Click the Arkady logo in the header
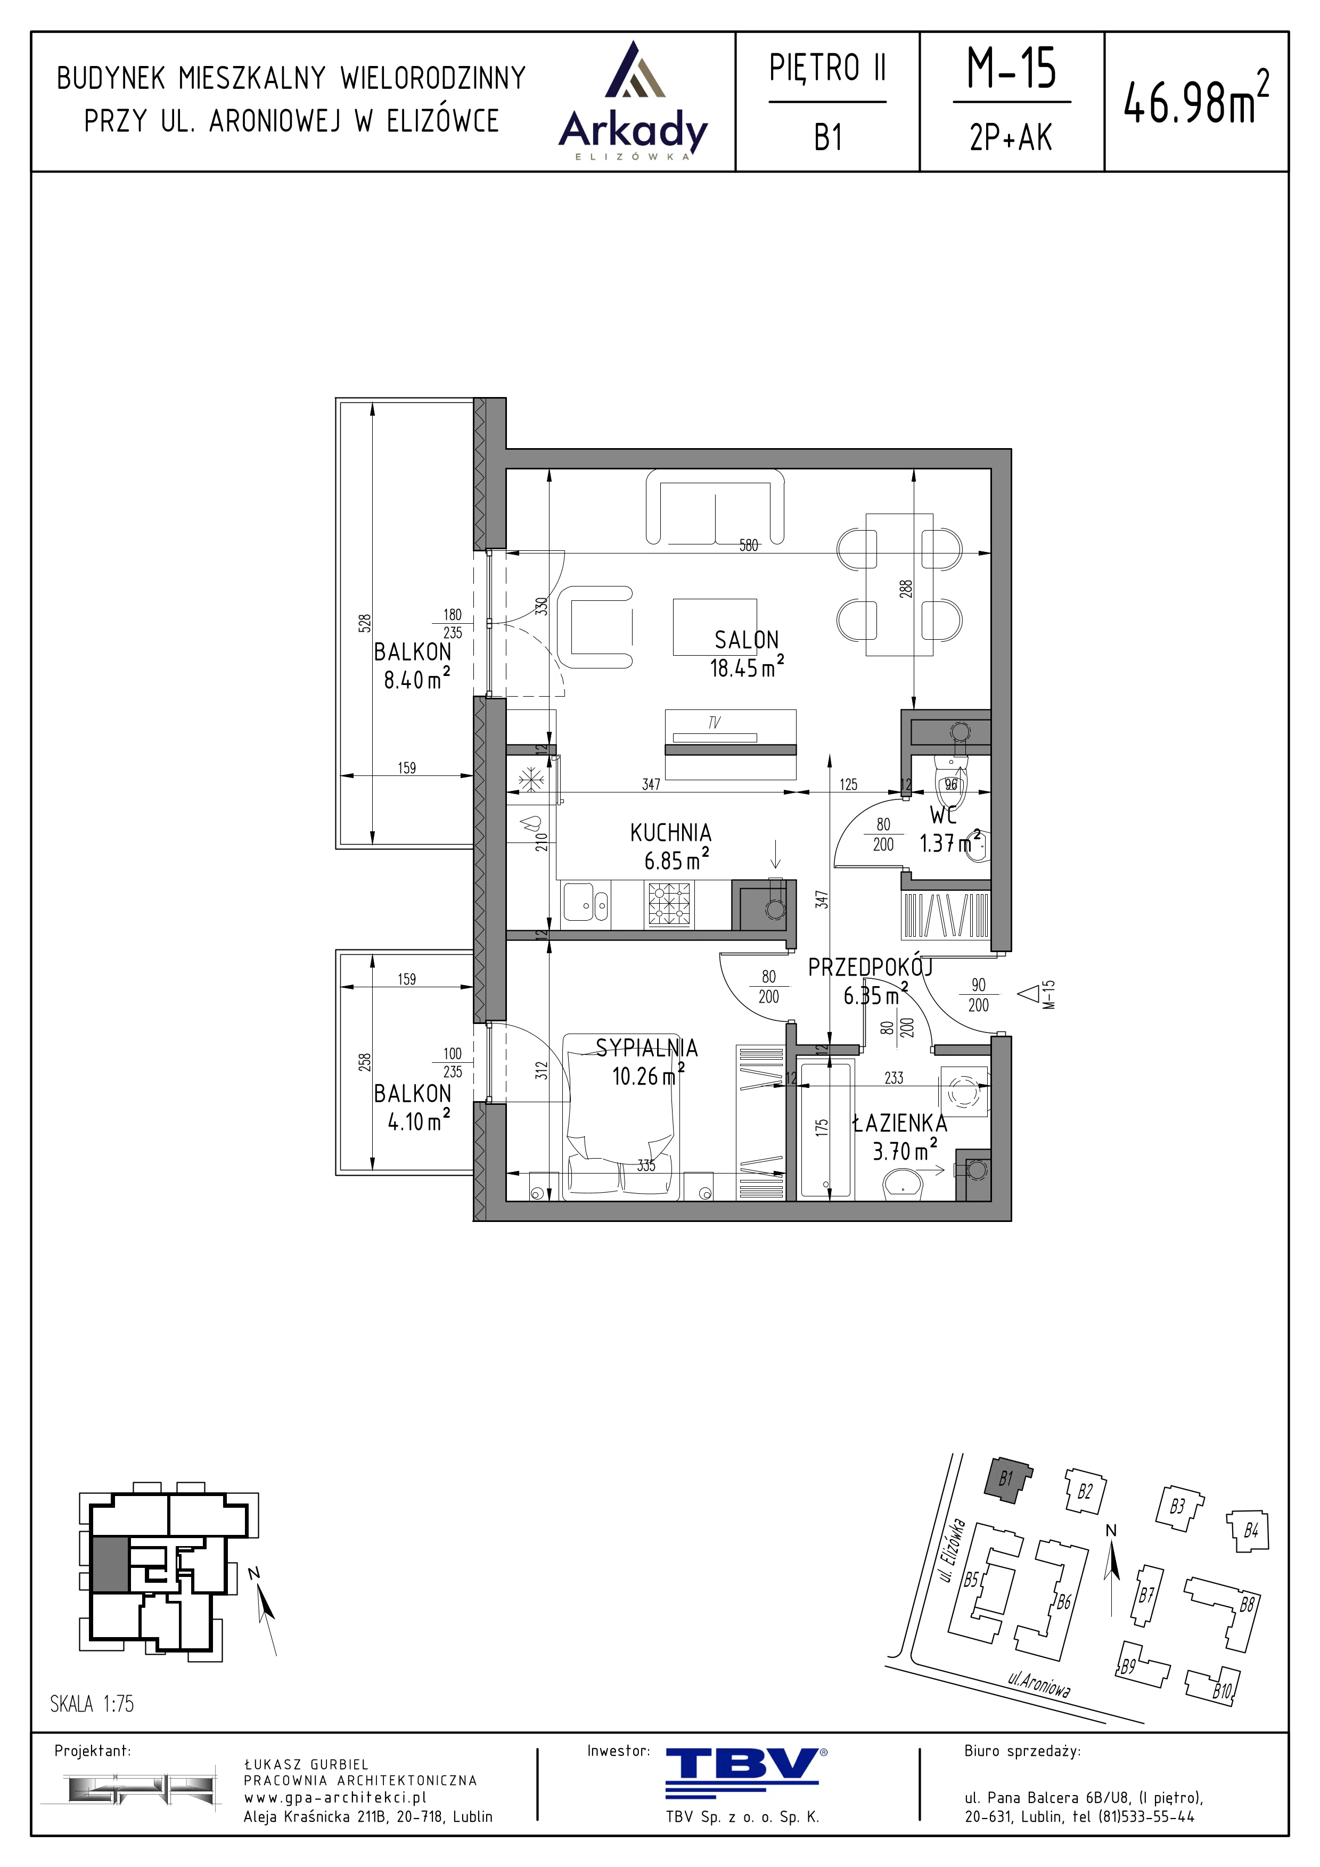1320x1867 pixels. [633, 101]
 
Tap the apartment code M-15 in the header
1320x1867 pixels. [1011, 68]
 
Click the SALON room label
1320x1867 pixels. [747, 640]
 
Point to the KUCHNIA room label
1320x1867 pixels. [671, 833]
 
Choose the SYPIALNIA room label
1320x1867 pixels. [646, 1047]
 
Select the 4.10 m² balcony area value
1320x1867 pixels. [418, 1121]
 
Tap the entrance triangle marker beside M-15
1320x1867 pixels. [1030, 993]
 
